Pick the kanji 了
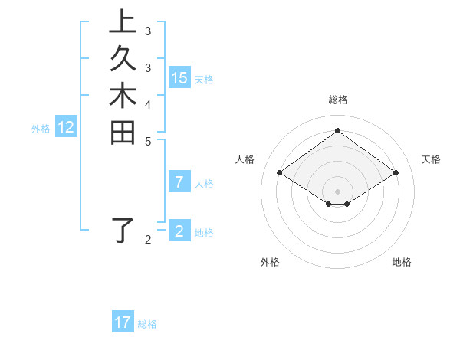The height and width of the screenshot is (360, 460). coord(123,230)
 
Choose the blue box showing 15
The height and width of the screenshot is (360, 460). coord(179,78)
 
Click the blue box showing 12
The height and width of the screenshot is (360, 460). coord(66,128)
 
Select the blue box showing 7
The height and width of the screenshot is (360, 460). coord(179,182)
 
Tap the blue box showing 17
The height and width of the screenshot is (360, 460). coord(123,322)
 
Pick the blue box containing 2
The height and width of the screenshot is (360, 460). coord(179,231)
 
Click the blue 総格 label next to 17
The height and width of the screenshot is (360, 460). coord(147,324)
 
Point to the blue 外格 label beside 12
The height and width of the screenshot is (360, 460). coord(41,129)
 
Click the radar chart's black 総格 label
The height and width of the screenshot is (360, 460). coord(337,100)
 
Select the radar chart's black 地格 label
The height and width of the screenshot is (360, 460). coord(402,262)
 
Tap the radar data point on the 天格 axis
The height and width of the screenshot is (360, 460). coord(396,173)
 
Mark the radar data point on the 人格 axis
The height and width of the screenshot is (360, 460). coord(280,173)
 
